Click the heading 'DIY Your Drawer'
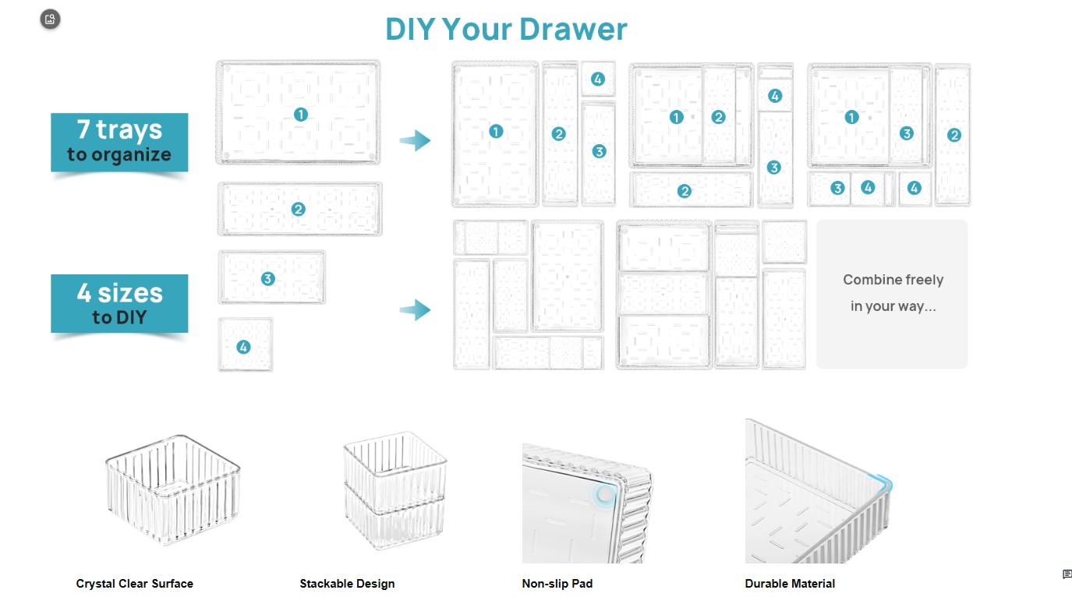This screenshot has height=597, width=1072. [x=506, y=30]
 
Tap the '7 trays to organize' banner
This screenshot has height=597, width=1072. [x=119, y=141]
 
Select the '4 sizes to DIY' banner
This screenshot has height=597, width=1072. [x=119, y=303]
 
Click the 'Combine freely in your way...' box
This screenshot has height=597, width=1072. [x=892, y=293]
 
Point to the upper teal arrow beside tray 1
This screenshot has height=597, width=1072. [x=416, y=141]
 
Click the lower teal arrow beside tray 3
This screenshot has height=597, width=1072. [x=416, y=310]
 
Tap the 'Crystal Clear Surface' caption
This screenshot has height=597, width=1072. [x=134, y=584]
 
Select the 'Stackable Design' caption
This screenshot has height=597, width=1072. [x=347, y=584]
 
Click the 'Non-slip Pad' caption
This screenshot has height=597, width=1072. [x=557, y=584]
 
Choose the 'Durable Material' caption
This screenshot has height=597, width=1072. [x=790, y=584]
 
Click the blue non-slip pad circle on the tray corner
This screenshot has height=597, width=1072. [x=604, y=494]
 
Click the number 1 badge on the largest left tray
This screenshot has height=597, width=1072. [x=301, y=115]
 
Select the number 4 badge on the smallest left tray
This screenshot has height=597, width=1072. [x=244, y=347]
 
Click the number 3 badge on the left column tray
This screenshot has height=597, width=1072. [x=268, y=279]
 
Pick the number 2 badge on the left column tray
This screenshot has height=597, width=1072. [x=298, y=210]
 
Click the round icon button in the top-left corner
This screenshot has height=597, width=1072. [x=50, y=19]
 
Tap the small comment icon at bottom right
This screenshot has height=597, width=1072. [x=1067, y=574]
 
